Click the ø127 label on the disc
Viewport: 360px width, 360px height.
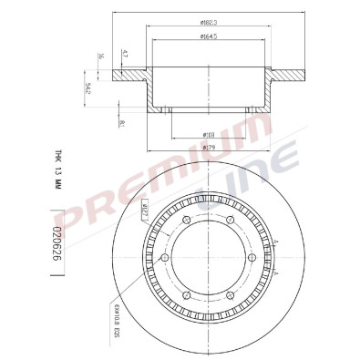click(x=145, y=214)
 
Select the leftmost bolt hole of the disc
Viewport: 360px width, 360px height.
click(x=163, y=261)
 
